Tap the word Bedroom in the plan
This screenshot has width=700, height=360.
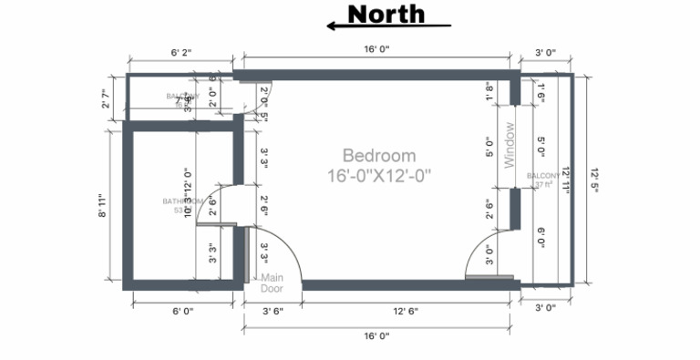click(x=379, y=156)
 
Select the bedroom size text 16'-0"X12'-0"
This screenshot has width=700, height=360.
click(x=379, y=173)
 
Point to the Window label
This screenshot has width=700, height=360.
click(x=510, y=145)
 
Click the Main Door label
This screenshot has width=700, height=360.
click(x=272, y=283)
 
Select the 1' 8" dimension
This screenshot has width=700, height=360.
click(x=489, y=91)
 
